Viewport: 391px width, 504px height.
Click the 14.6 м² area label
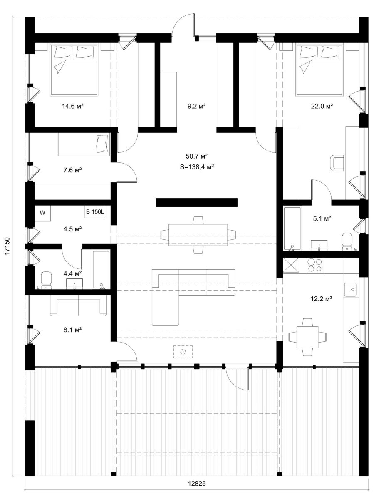72,106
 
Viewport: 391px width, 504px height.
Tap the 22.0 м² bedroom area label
322,106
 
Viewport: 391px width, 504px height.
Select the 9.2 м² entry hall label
197,106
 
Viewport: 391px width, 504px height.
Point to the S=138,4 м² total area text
197,166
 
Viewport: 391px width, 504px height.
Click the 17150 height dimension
7,246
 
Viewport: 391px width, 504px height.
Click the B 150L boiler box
96,212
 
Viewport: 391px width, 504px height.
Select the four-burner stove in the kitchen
314,266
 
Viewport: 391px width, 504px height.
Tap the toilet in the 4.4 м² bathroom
46,281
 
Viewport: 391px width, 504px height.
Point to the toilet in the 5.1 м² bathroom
347,242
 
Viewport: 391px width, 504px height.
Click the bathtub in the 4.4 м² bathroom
101,270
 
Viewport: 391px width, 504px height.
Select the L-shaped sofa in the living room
193,298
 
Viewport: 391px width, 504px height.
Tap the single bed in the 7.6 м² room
84,144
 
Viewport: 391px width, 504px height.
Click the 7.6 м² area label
72,170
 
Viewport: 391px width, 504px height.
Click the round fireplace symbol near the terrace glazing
183,352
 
